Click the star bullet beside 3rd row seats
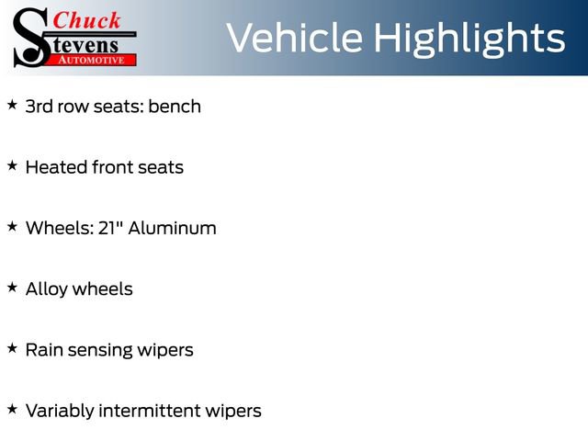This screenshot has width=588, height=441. click(12, 106)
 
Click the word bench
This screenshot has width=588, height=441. click(175, 107)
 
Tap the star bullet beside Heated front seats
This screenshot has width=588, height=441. click(12, 166)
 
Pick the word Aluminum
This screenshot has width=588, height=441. click(172, 228)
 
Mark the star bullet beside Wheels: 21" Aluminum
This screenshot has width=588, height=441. click(12, 227)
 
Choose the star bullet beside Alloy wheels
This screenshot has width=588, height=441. click(12, 288)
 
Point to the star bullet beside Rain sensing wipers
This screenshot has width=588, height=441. click(12, 348)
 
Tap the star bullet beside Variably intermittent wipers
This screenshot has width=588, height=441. click(12, 409)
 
